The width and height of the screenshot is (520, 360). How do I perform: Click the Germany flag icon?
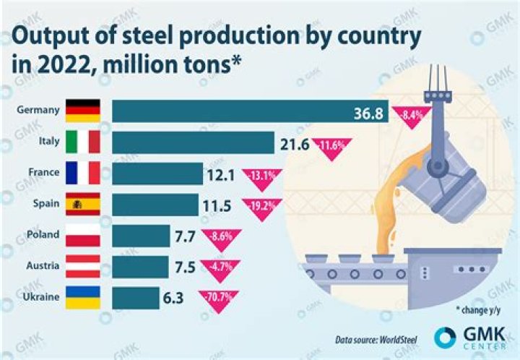pyautogui.click(x=82, y=111)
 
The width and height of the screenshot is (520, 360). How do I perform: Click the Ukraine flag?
pyautogui.click(x=82, y=298)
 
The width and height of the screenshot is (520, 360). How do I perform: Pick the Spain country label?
pyautogui.click(x=46, y=205)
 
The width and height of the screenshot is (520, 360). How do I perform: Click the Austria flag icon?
pyautogui.click(x=82, y=267)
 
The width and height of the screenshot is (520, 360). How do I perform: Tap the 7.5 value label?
pyautogui.click(x=185, y=267)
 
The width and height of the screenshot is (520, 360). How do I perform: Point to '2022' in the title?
pyautogui.click(x=59, y=67)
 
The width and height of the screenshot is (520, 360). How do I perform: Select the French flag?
pyautogui.click(x=82, y=173)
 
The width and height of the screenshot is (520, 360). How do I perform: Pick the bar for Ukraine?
pyautogui.click(x=136, y=298)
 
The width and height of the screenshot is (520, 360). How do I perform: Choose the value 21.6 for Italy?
pyautogui.click(x=294, y=143)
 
